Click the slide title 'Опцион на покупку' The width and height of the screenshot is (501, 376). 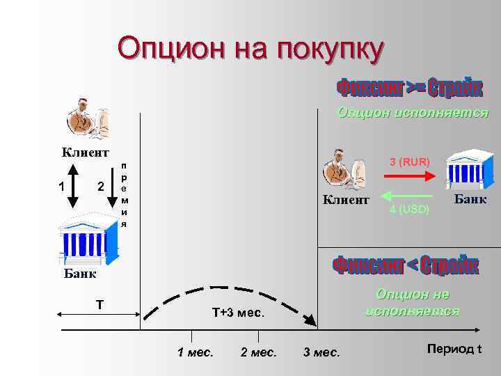pyautogui.click(x=250, y=49)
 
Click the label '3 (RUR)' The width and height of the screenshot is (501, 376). pyautogui.click(x=410, y=162)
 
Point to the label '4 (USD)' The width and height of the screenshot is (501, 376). pyautogui.click(x=410, y=209)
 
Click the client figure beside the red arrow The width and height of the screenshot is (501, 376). pyautogui.click(x=344, y=170)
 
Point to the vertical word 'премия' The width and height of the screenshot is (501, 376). pyautogui.click(x=124, y=196)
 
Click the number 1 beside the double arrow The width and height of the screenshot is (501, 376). pyautogui.click(x=62, y=187)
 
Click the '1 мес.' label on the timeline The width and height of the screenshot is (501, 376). pyautogui.click(x=196, y=352)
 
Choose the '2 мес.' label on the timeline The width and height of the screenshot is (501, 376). pyautogui.click(x=258, y=352)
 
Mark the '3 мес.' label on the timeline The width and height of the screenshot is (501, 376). pyautogui.click(x=321, y=352)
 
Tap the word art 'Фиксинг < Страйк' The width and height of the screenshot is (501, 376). pyautogui.click(x=406, y=266)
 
